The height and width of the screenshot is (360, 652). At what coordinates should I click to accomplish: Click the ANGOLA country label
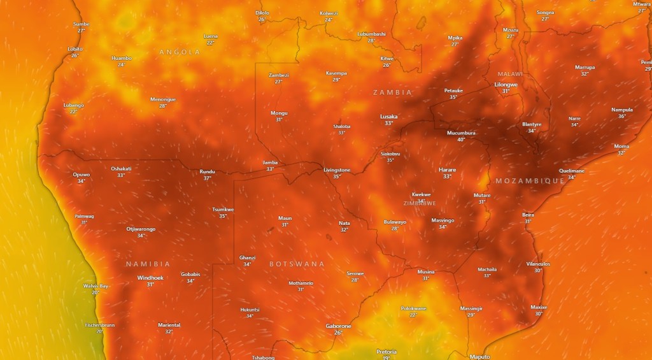tap(180, 52)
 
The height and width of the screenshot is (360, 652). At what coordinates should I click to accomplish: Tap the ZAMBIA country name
tap(392, 92)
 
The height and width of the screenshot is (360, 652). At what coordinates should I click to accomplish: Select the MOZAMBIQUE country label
tap(530, 181)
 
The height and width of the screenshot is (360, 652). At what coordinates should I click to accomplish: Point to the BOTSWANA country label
tap(297, 264)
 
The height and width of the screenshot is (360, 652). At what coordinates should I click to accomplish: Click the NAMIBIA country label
tap(148, 264)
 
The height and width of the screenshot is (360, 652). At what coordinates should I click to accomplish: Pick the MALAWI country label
tap(510, 75)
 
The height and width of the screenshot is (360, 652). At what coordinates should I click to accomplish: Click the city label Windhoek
tap(150, 278)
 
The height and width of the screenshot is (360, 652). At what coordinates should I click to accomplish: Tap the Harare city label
tap(447, 169)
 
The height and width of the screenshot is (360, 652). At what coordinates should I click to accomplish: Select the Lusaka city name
tap(388, 116)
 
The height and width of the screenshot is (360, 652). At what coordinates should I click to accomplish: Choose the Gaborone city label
tap(338, 326)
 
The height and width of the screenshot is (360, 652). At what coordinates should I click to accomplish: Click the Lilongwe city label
tap(506, 84)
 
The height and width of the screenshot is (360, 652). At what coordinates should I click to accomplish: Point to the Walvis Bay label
tap(96, 286)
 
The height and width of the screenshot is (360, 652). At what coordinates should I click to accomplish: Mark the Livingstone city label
tap(337, 170)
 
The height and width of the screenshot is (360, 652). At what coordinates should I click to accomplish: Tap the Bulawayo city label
tap(395, 222)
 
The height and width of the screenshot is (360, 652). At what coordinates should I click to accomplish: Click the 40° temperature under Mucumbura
tap(461, 140)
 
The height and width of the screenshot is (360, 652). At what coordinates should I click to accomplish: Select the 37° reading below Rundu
tap(207, 178)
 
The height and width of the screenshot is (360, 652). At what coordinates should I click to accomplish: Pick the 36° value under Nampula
tap(622, 116)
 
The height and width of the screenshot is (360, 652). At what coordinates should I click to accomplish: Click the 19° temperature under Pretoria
tap(386, 358)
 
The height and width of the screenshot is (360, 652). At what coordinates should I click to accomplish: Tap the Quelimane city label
tap(572, 171)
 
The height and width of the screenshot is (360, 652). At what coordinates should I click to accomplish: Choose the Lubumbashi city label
tap(371, 34)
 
